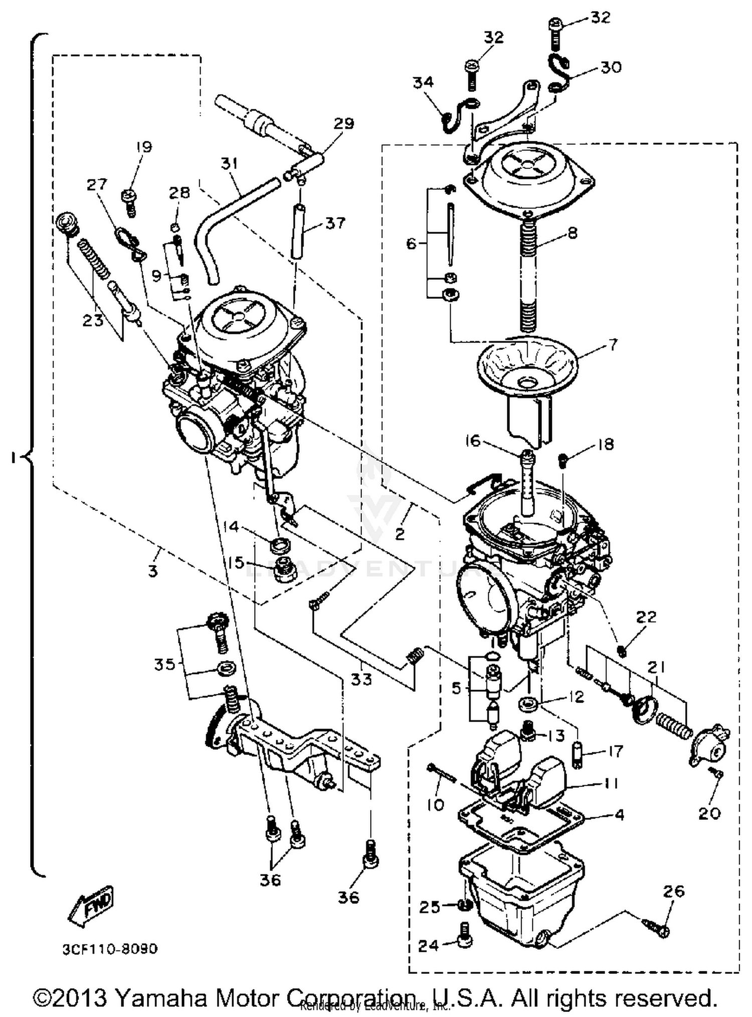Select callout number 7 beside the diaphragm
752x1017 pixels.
tap(613, 345)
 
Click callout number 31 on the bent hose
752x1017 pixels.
tap(229, 163)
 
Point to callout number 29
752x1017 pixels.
tap(344, 123)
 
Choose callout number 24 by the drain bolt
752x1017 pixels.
tap(429, 946)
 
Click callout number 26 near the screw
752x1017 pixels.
tap(674, 891)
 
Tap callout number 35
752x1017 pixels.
tap(165, 664)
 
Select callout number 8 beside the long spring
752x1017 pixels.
tap(572, 233)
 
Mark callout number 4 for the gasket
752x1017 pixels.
tap(620, 815)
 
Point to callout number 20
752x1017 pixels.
tap(709, 813)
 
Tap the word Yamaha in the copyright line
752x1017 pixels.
tap(161, 998)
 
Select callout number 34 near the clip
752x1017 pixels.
tap(423, 82)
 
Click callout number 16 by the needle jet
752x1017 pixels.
tap(472, 441)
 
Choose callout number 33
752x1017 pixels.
tap(361, 680)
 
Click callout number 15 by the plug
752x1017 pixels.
tap(235, 563)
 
